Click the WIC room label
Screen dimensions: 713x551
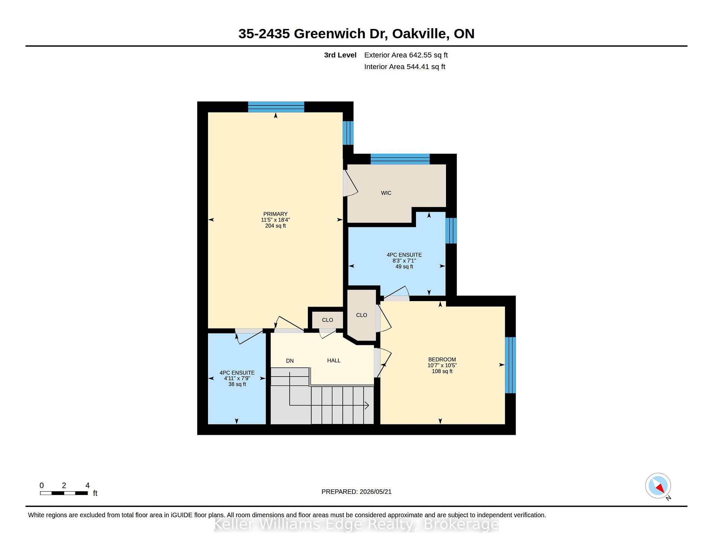coord(386,193)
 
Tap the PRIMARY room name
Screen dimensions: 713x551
coord(275,214)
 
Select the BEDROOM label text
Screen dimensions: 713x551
coord(442,359)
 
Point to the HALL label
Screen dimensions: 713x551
coord(333,361)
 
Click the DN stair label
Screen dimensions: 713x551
coord(290,361)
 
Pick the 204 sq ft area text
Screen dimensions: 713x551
coord(275,226)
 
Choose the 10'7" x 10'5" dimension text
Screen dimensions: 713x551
coord(442,365)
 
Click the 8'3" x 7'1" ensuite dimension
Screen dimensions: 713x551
coord(404,261)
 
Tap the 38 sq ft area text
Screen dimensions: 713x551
coord(237,384)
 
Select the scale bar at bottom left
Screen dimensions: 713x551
coord(64,493)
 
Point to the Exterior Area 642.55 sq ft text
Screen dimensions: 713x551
coord(406,55)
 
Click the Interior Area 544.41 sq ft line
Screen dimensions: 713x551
coord(404,67)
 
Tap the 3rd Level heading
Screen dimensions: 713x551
coord(340,55)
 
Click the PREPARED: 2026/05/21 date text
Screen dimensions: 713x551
coord(356,492)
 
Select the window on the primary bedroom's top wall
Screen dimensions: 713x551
coord(276,107)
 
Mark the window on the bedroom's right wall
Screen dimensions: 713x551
coord(511,365)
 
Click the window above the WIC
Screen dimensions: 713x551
coord(400,159)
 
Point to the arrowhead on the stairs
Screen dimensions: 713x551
coord(367,405)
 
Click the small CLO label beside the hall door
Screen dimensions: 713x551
coord(327,320)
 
